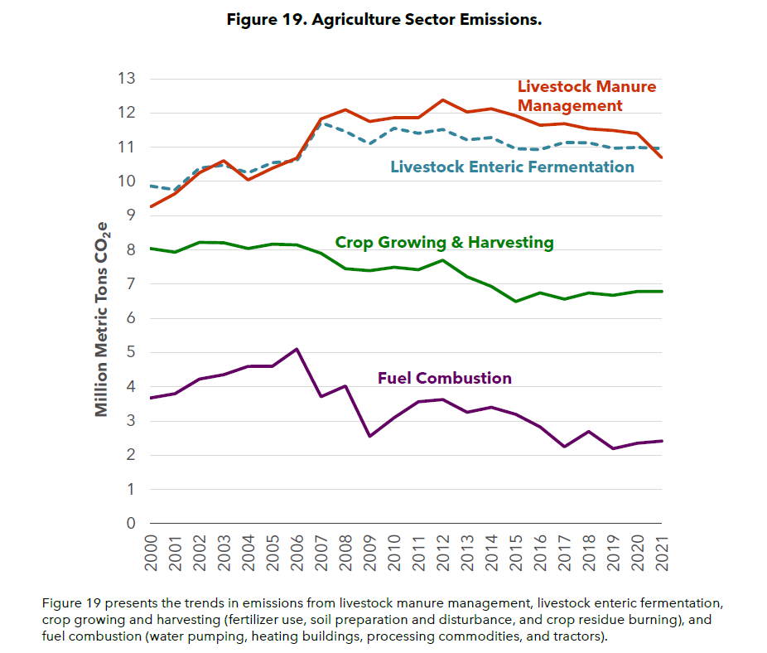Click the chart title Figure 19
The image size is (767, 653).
(383, 19)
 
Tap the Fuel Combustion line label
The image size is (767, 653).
(444, 379)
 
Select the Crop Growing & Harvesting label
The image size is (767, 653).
(444, 243)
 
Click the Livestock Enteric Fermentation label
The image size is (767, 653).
(512, 167)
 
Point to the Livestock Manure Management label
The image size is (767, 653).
(586, 96)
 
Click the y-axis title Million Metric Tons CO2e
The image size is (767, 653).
(102, 319)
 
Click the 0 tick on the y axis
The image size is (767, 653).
(131, 524)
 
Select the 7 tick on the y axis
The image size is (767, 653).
(131, 284)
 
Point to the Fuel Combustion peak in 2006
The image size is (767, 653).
(297, 349)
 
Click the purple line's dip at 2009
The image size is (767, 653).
(369, 436)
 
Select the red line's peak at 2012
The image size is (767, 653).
(442, 100)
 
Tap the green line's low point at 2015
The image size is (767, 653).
(515, 301)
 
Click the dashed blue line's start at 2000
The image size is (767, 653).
(151, 186)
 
